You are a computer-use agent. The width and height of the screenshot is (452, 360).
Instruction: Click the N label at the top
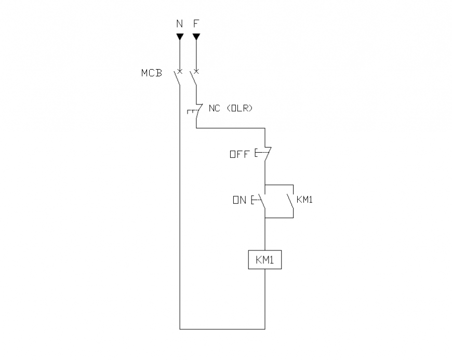pyautogui.click(x=180, y=24)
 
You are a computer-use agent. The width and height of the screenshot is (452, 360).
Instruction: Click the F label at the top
pyautogui.click(x=196, y=24)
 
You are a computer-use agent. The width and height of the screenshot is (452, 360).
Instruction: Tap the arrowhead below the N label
pyautogui.click(x=180, y=37)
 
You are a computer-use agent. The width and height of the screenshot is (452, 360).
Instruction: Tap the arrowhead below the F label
pyautogui.click(x=196, y=37)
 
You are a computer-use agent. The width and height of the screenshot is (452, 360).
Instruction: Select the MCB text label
pyautogui.click(x=152, y=73)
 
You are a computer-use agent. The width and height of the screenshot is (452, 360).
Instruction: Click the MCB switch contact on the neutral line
pyautogui.click(x=178, y=78)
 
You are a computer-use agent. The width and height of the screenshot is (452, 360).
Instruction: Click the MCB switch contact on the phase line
pyautogui.click(x=194, y=78)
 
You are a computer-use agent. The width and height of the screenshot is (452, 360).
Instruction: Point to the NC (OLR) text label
pyautogui.click(x=230, y=109)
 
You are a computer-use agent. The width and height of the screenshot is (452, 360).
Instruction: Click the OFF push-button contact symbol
pyautogui.click(x=264, y=154)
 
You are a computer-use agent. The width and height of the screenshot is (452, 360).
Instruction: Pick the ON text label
pyautogui.click(x=240, y=199)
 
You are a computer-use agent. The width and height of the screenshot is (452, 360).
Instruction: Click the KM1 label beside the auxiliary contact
pyautogui.click(x=304, y=199)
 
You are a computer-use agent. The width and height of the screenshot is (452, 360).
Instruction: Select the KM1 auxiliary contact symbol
pyautogui.click(x=290, y=201)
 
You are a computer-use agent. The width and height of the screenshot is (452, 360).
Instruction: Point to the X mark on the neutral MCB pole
pyautogui.click(x=180, y=70)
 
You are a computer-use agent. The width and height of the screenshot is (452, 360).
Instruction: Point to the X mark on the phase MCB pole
pyautogui.click(x=196, y=70)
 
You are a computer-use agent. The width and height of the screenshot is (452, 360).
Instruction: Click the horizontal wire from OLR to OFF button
pyautogui.click(x=231, y=127)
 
